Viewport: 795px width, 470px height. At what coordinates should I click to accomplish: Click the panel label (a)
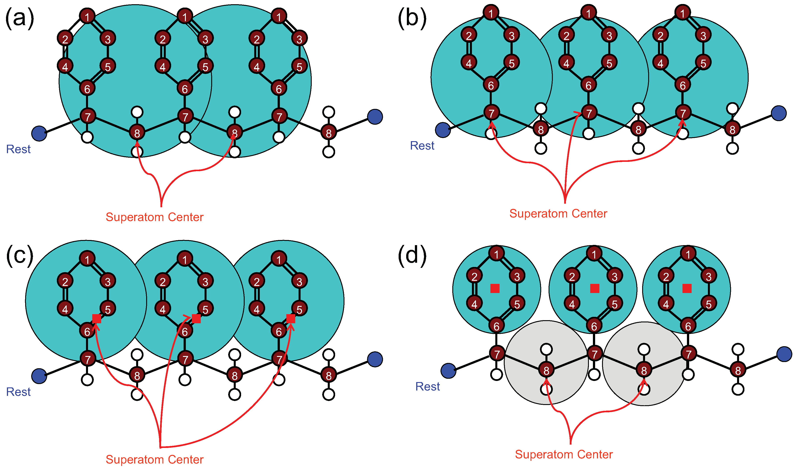tap(20, 18)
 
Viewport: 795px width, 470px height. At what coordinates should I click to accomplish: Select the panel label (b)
tap(412, 18)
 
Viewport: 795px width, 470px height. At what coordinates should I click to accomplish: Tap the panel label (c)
tap(20, 256)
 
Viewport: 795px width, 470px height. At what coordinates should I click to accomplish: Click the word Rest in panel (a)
tap(18, 149)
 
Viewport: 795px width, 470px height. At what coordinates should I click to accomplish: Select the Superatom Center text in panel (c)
tap(154, 459)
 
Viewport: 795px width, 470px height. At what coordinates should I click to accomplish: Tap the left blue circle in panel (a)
tap(39, 133)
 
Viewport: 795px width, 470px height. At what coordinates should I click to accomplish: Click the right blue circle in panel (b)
tap(779, 113)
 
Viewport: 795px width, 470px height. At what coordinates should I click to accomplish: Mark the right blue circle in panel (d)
tap(784, 354)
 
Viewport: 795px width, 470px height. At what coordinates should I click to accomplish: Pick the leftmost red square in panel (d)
tap(495, 288)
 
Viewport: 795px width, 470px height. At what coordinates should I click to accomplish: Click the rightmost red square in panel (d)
tap(687, 288)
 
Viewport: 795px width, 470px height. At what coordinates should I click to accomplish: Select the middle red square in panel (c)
tap(196, 319)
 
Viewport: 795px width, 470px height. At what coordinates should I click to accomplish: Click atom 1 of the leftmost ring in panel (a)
tap(87, 16)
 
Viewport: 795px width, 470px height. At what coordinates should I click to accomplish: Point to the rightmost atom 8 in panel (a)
tap(329, 133)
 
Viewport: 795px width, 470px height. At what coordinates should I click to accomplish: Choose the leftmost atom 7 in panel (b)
tap(491, 113)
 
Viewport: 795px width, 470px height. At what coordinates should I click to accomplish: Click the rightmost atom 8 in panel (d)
tap(738, 370)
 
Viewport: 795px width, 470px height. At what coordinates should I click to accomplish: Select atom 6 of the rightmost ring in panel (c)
tap(279, 331)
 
